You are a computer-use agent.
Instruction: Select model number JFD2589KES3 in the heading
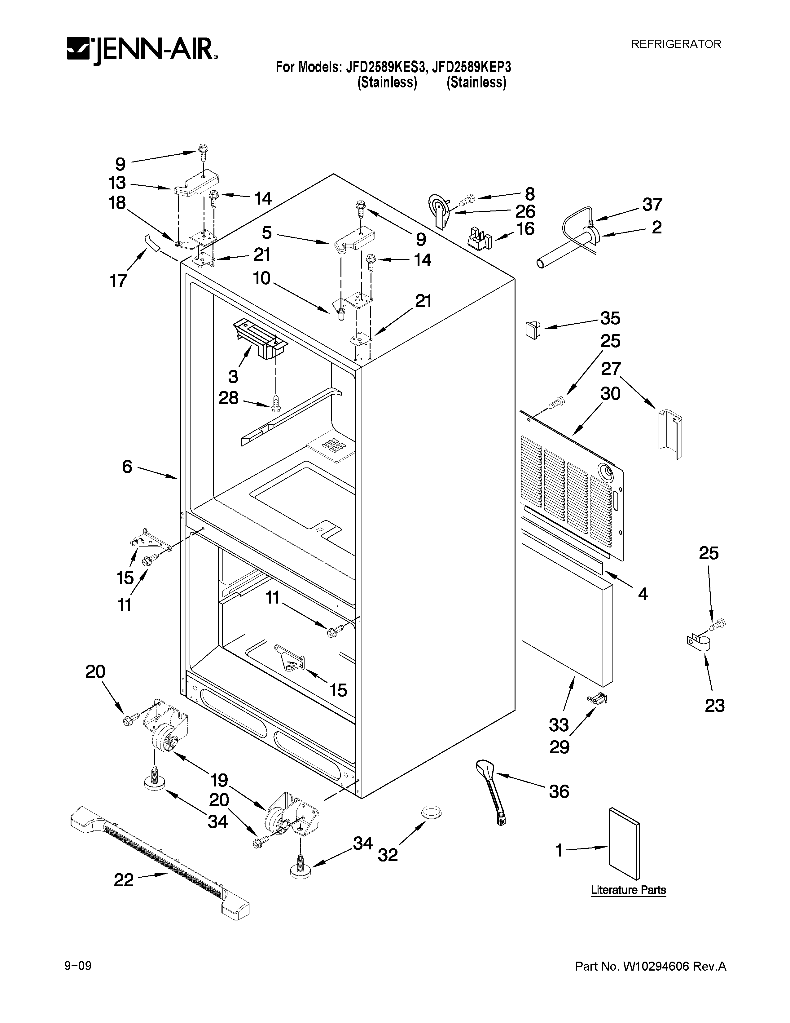pos(386,68)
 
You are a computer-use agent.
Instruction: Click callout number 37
pos(652,205)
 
